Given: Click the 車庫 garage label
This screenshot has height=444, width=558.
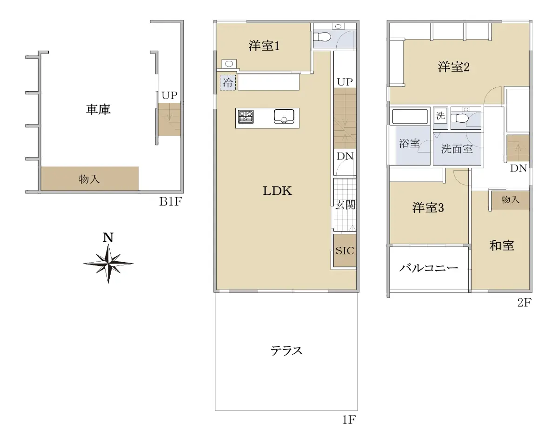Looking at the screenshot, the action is [x=98, y=109].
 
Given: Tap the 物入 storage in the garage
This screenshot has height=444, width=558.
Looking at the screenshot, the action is [x=90, y=179].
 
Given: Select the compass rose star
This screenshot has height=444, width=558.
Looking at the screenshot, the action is [x=108, y=264].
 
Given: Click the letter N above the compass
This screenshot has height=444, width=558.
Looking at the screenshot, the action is [x=108, y=237].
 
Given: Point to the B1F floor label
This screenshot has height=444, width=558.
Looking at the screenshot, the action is [x=171, y=201].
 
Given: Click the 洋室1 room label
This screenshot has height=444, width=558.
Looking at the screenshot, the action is [x=264, y=46].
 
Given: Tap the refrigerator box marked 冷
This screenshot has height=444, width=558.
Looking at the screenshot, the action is [x=228, y=82].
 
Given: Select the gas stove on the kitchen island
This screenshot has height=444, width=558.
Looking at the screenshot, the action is [x=246, y=117].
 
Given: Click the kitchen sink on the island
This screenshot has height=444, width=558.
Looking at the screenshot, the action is [x=284, y=116].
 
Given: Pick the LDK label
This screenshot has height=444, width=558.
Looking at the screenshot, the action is [x=278, y=191].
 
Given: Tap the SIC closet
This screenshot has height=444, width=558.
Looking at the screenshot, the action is [x=345, y=251].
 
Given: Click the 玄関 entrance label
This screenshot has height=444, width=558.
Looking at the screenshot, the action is [x=345, y=205].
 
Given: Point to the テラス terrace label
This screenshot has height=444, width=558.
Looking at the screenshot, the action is [x=286, y=351].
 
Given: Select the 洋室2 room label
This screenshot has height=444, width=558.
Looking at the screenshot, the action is [x=454, y=66].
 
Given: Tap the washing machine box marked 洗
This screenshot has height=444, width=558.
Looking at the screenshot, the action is [x=440, y=118].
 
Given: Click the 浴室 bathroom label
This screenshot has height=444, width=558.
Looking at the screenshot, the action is [x=409, y=143].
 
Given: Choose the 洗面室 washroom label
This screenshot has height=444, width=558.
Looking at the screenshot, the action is [x=457, y=149].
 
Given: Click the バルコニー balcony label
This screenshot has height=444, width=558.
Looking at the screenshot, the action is [x=429, y=268].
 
